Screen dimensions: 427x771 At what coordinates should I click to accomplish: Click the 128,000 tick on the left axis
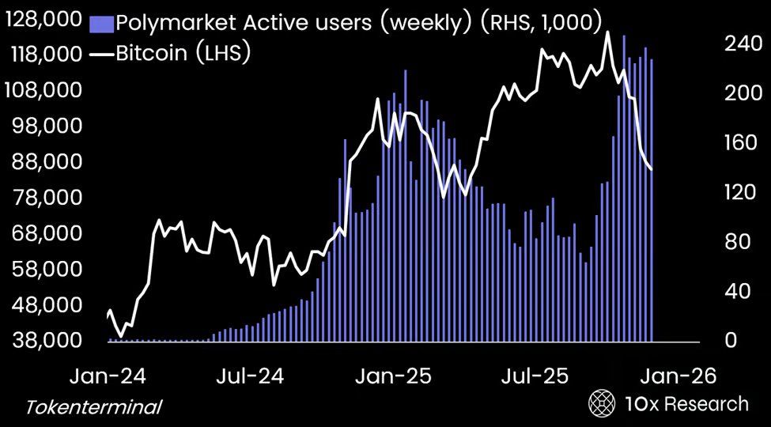[x=44, y=20]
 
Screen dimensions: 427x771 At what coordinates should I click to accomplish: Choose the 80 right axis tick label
[x=735, y=242]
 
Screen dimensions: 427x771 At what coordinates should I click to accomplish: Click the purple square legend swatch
[x=102, y=24]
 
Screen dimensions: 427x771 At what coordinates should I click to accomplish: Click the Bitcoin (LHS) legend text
[x=184, y=55]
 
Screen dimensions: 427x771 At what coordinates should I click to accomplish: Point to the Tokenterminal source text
[x=94, y=407]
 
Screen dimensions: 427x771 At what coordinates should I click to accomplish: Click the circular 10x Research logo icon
[x=603, y=404]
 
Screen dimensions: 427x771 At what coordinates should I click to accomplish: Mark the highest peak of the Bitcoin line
[x=607, y=32]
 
